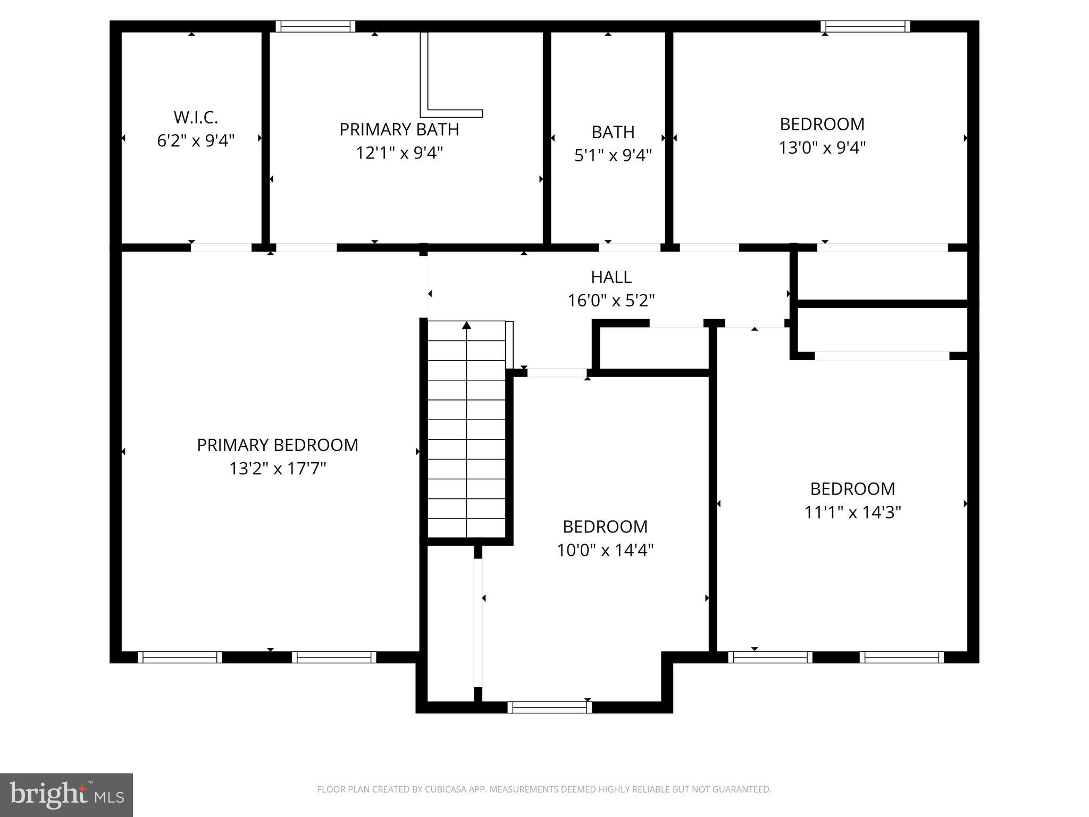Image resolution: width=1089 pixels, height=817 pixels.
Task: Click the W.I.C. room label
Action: coord(196,117)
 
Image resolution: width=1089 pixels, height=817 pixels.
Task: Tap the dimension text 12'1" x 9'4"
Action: coord(399,153)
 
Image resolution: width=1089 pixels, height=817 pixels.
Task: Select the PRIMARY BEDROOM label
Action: coord(278,445)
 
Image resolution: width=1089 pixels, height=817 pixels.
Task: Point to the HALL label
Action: coord(611,277)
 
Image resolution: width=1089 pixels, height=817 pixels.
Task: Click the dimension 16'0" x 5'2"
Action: coord(611,301)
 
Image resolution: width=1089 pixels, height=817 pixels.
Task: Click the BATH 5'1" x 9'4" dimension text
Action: coord(613,156)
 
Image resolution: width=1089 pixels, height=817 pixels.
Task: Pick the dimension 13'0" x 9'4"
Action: coord(822,148)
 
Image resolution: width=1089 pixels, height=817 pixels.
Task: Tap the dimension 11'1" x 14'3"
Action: coord(852,513)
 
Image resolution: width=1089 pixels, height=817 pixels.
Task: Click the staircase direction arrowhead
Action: coord(466,325)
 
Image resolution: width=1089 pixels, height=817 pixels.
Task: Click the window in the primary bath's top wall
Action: coord(315,27)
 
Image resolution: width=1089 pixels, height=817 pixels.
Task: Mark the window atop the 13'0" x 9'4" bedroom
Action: coord(865,27)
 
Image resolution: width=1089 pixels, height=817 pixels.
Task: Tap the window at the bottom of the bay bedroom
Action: coord(549,707)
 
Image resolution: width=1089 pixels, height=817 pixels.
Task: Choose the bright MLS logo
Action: coord(66,795)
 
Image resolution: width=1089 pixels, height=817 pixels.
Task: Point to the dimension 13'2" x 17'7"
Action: coord(278,469)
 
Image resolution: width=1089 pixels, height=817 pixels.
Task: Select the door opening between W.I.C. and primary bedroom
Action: coord(221,247)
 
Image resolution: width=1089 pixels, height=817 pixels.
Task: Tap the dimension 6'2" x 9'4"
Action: coord(196,141)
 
